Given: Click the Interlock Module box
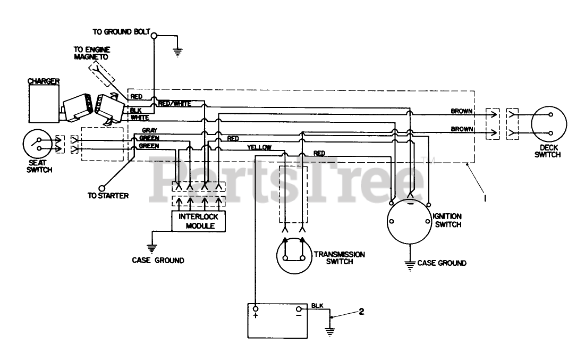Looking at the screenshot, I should coord(198,221).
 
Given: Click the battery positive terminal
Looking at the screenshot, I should coord(256,309).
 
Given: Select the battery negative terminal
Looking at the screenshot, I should coord(299,309).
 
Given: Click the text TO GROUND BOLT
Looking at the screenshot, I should coord(121,31).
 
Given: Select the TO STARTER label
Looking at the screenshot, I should coord(108,195).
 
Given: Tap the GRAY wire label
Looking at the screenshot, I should coord(149,130).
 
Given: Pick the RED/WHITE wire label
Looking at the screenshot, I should coord(174,103).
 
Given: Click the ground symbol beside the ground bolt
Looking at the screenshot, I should coord(179,52).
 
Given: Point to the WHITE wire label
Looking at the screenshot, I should coord(140,117).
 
